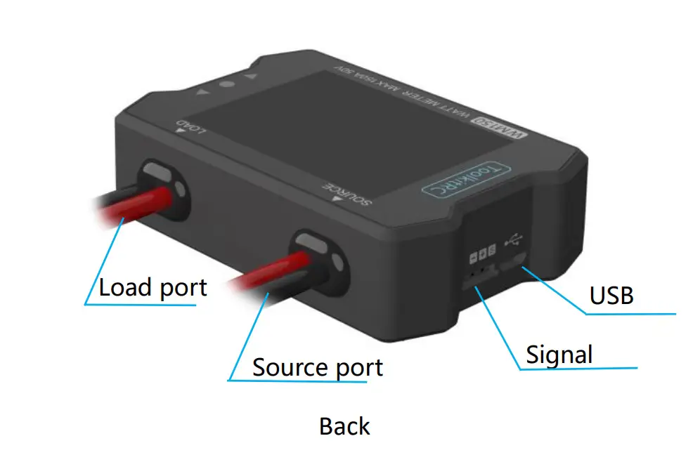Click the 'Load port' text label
(x=153, y=287)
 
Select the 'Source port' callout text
(x=318, y=367)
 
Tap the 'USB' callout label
(x=611, y=296)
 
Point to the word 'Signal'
(x=559, y=354)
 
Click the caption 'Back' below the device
(x=344, y=426)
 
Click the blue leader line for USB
(x=555, y=288)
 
